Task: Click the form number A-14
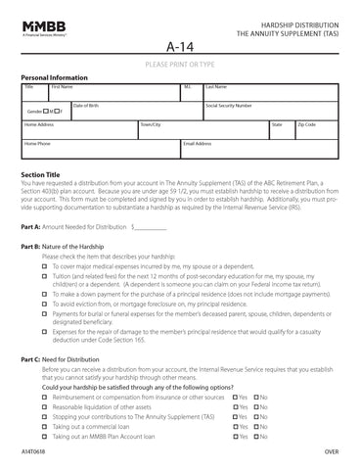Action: tap(179, 46)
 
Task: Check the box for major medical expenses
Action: tap(45, 265)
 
